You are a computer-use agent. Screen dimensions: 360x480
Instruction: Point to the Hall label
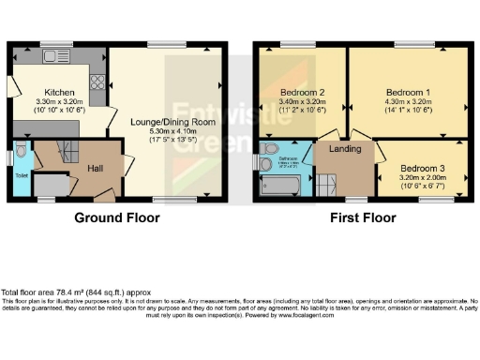coord(96,167)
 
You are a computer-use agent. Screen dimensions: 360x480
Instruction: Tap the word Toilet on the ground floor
coord(22,175)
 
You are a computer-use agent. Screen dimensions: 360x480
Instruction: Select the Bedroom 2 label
coord(303,92)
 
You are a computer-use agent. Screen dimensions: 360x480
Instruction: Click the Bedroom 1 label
coord(408,92)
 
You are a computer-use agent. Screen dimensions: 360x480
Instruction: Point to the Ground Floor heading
coord(117,217)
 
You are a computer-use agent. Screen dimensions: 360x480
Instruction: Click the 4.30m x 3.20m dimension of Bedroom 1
coord(408,101)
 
